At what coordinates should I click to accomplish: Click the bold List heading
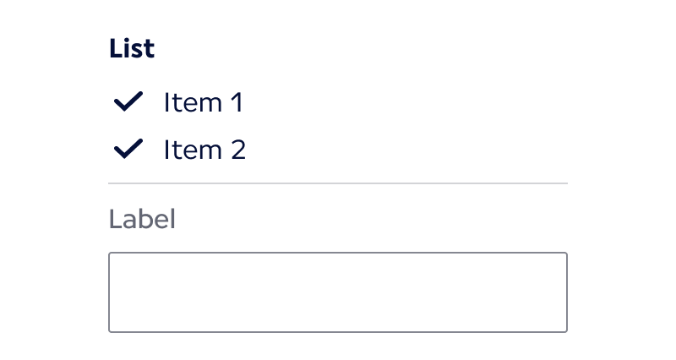[x=131, y=49]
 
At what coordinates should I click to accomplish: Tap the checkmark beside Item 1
[x=128, y=103]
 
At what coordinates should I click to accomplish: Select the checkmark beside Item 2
[x=128, y=150]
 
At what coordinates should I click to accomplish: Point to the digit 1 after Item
[x=236, y=103]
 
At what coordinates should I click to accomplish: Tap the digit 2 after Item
[x=237, y=150]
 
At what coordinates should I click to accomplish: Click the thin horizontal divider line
[x=338, y=183]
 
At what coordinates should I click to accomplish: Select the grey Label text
[x=142, y=220]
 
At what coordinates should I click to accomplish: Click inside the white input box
[x=338, y=292]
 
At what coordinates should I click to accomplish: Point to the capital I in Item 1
[x=166, y=103]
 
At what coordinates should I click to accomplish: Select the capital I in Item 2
[x=166, y=150]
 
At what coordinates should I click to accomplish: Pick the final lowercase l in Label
[x=172, y=220]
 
